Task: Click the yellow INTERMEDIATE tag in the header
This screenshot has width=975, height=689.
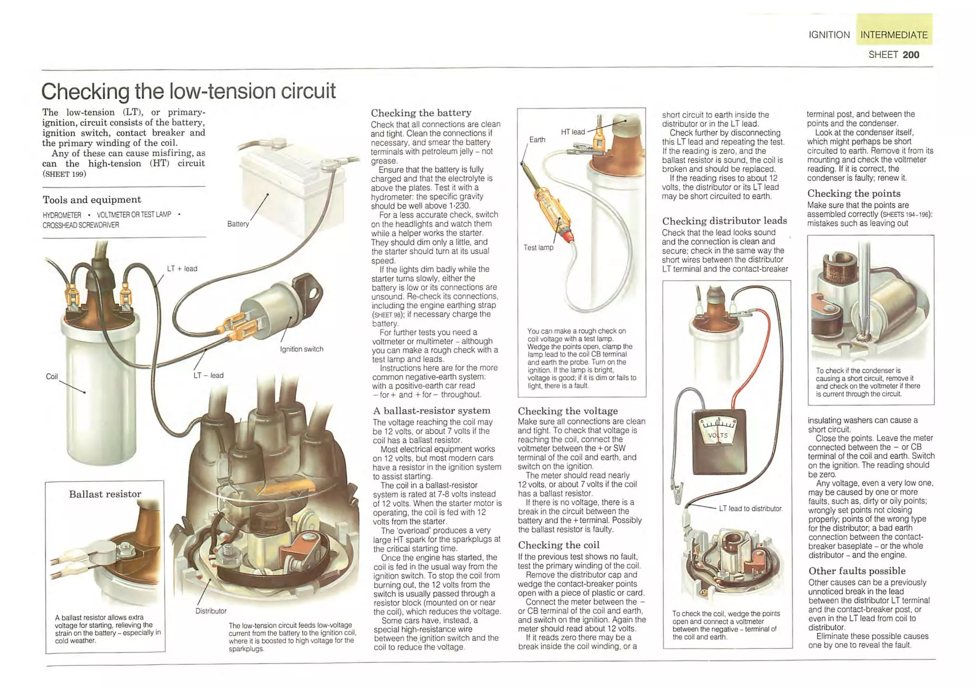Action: (x=894, y=35)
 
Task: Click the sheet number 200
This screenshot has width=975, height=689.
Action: (x=910, y=55)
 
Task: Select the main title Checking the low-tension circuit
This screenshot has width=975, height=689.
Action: (x=189, y=91)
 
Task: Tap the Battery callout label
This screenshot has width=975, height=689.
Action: (x=238, y=224)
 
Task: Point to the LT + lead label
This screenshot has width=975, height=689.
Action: (x=182, y=269)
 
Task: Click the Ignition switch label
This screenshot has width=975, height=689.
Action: (x=301, y=349)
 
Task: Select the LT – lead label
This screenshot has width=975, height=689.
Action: (x=209, y=375)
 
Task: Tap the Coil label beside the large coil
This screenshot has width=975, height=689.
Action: (x=51, y=377)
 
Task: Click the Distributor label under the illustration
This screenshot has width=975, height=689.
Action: (x=211, y=611)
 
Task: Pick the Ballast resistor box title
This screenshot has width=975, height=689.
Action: (x=105, y=494)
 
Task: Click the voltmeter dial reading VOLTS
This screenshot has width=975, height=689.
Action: (x=718, y=435)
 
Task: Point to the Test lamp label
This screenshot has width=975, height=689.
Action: (x=538, y=248)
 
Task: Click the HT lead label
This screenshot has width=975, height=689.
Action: (x=573, y=132)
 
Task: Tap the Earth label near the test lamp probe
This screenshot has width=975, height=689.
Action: (x=537, y=140)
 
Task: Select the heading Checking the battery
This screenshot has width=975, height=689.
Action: (x=421, y=113)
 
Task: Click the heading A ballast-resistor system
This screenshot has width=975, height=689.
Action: (x=431, y=410)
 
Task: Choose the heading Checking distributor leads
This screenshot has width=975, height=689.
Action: (x=724, y=220)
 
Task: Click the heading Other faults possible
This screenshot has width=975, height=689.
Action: (x=856, y=571)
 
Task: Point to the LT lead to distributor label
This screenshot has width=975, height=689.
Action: (x=750, y=509)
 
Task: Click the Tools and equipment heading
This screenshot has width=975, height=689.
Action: (x=92, y=200)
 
